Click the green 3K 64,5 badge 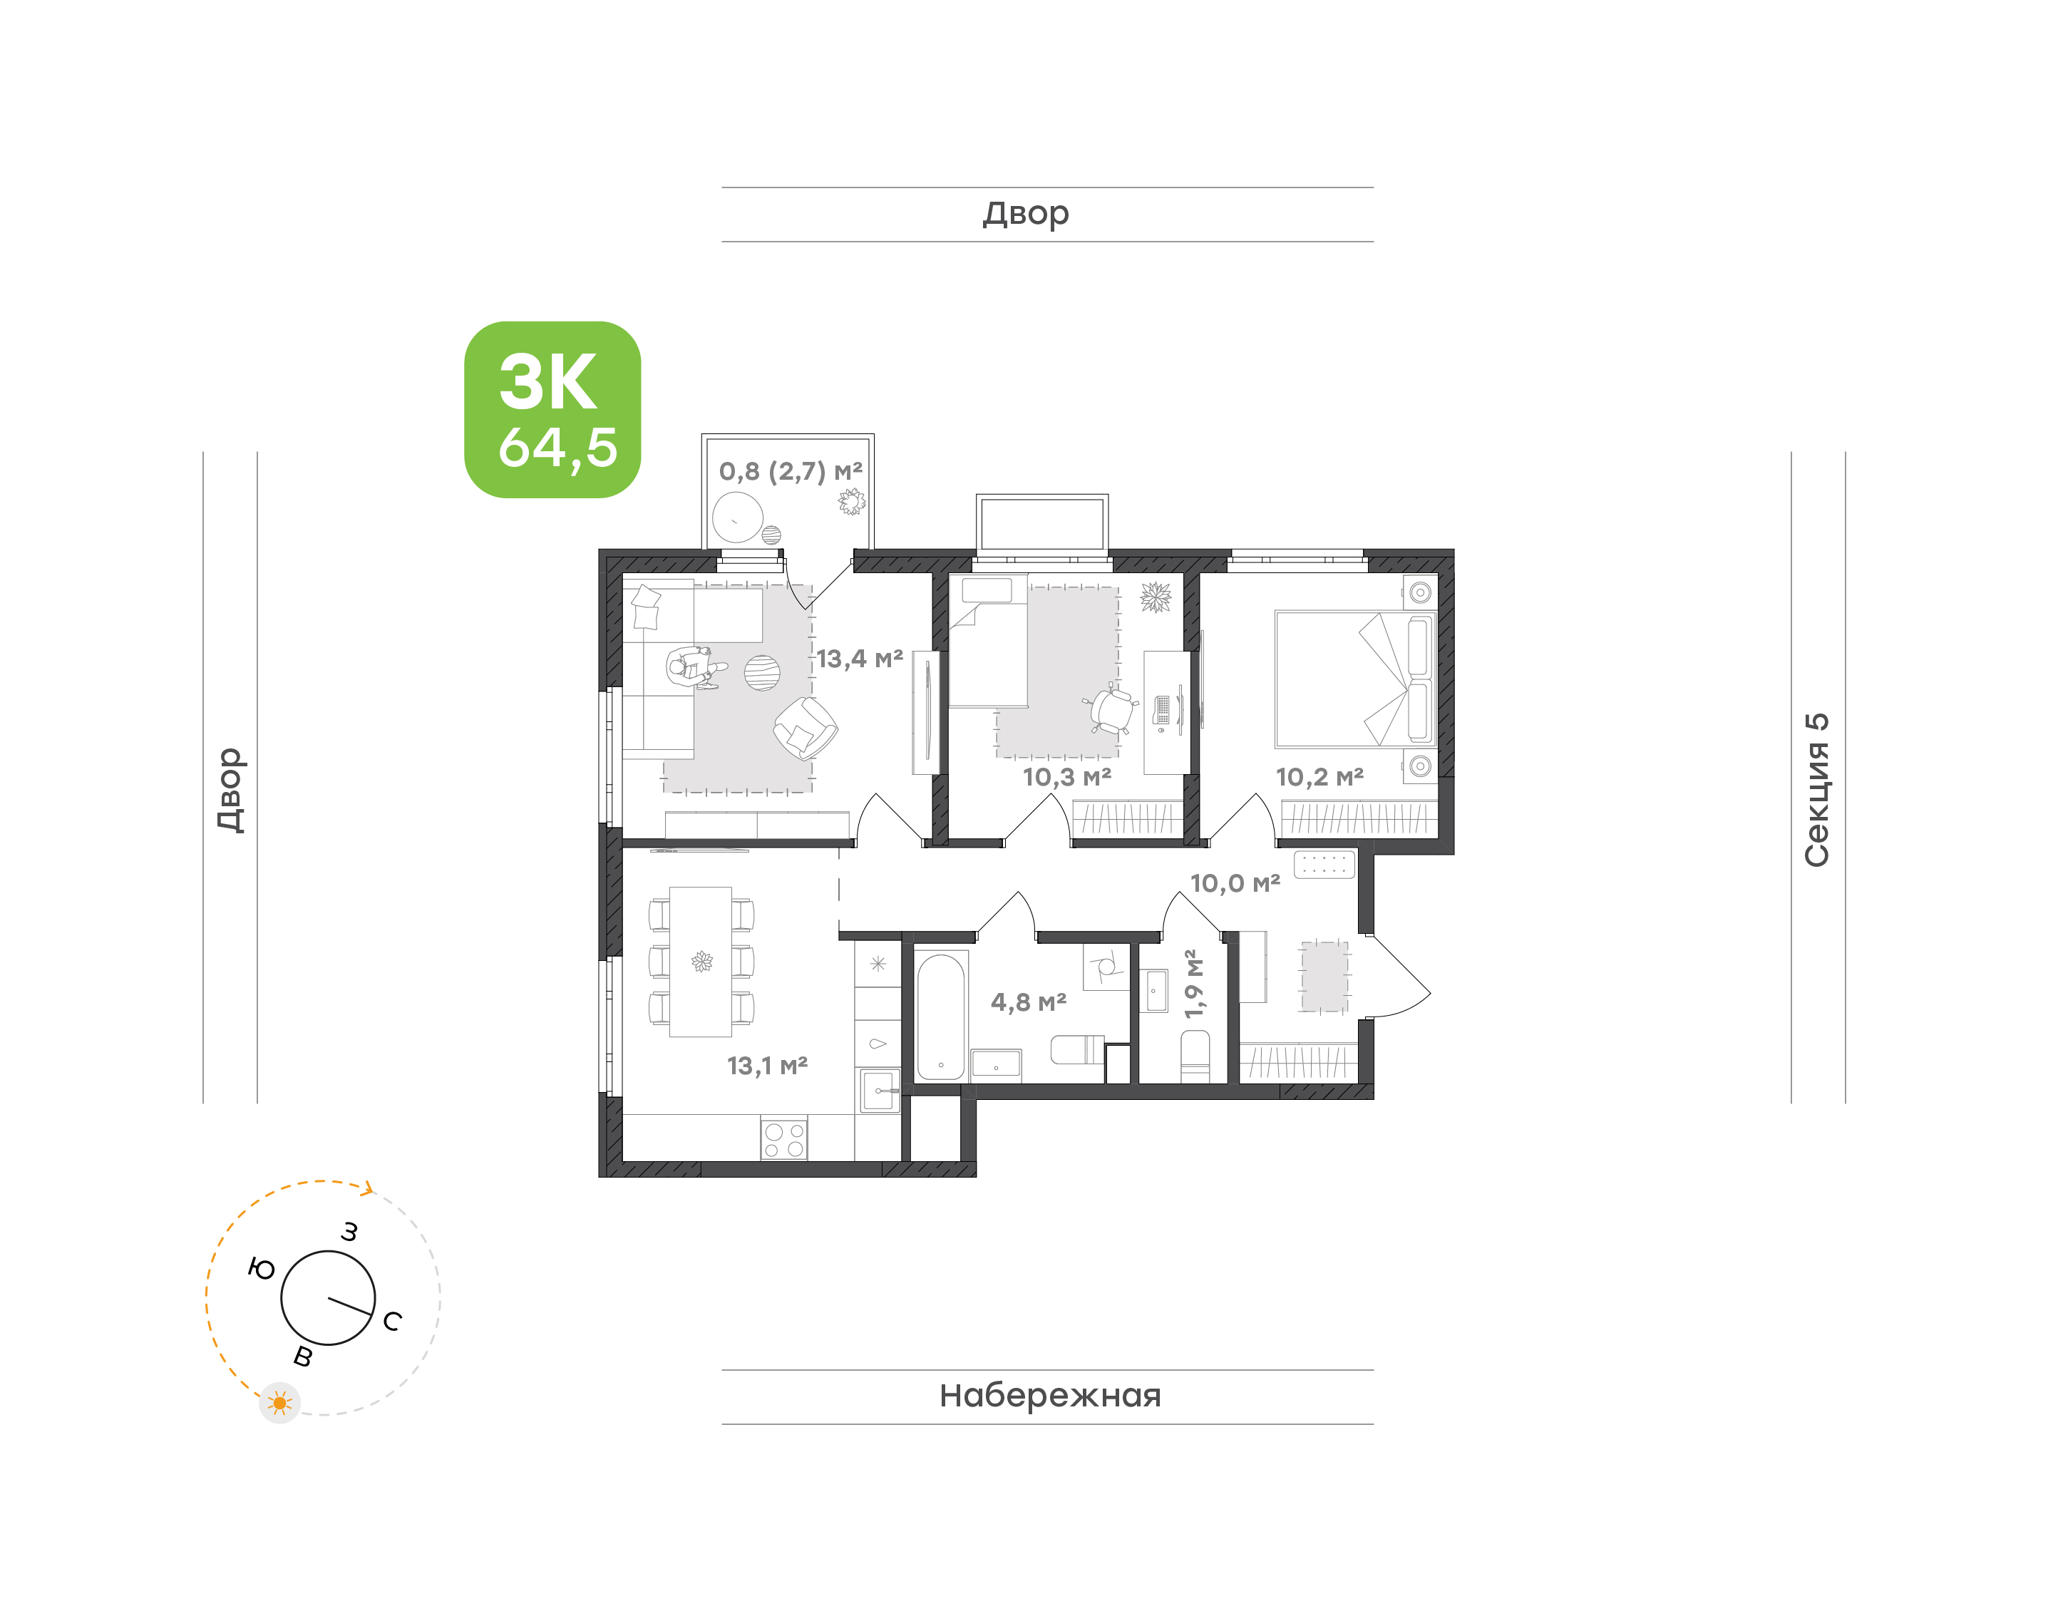[552, 409]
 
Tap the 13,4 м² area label [859, 659]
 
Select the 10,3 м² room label [1066, 777]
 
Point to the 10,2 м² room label [1319, 777]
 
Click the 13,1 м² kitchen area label [767, 1066]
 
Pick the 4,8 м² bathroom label [1028, 1002]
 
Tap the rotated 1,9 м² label [1194, 984]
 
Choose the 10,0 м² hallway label [1235, 883]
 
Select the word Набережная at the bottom [1049, 1396]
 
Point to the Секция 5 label [1816, 790]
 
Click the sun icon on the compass [279, 1404]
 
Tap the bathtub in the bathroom [940, 1016]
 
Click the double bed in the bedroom [1355, 679]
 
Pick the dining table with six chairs [701, 961]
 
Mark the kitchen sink [879, 1091]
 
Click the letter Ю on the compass [261, 1269]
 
